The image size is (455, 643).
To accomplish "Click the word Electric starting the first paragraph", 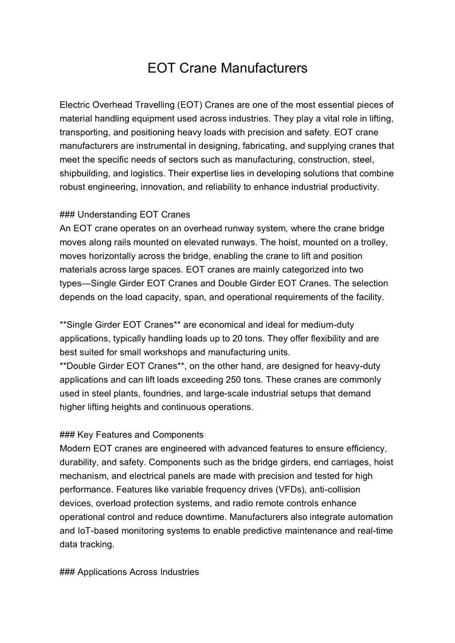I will pyautogui.click(x=75, y=105).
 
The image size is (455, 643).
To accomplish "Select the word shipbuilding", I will pyautogui.click(x=85, y=173).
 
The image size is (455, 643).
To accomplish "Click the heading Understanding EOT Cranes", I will pyautogui.click(x=134, y=215).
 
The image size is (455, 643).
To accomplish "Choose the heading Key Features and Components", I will pyautogui.click(x=140, y=435).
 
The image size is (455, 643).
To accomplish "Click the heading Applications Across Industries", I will pyautogui.click(x=138, y=572).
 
